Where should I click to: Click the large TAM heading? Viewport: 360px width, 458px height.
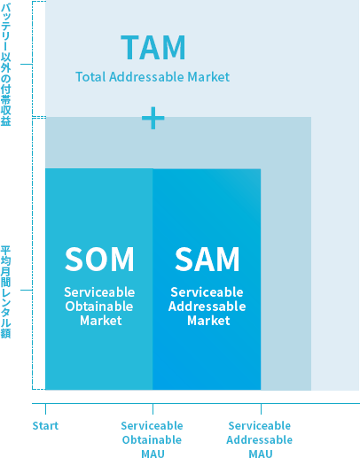[x=153, y=48]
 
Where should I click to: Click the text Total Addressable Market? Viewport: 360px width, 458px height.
[x=153, y=77]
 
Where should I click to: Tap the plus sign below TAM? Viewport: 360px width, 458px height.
[x=153, y=118]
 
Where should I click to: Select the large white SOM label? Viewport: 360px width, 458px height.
[x=99, y=259]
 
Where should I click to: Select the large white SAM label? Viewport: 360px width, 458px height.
[x=207, y=259]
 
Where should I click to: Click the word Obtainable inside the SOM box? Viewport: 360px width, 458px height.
[x=99, y=307]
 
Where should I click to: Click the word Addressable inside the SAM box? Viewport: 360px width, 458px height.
[x=207, y=307]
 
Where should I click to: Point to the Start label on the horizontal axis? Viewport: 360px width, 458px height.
[x=45, y=426]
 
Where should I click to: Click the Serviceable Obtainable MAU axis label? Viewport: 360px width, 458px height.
[x=153, y=439]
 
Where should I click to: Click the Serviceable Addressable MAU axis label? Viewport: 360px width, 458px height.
[x=260, y=439]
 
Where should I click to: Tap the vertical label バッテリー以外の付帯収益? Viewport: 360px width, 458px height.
[x=5, y=65]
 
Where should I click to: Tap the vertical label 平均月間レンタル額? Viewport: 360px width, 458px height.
[x=5, y=291]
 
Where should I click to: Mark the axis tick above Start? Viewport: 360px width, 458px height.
[x=45, y=408]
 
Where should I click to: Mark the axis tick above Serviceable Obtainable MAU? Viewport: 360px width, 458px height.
[x=153, y=408]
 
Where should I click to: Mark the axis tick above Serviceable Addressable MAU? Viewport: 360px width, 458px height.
[x=261, y=408]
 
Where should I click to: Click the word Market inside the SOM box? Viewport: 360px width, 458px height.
[x=101, y=321]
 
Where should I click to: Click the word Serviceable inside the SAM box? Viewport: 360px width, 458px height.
[x=207, y=292]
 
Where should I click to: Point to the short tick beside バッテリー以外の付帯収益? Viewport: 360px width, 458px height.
[x=26, y=64]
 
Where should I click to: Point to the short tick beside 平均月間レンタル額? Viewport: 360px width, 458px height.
[x=26, y=290]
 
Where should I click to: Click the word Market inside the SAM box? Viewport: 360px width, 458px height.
[x=208, y=321]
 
